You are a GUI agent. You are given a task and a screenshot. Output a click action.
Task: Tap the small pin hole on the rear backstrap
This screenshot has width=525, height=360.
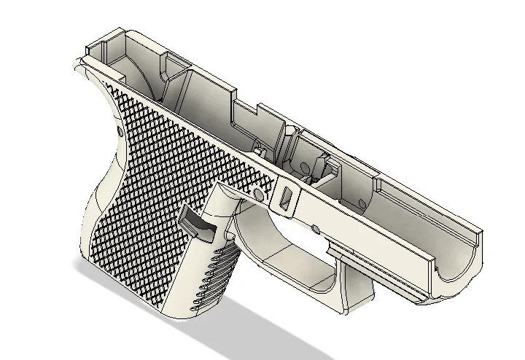click(x=119, y=131)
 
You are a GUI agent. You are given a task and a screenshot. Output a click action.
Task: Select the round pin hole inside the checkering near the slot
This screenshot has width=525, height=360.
click(x=257, y=195)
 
